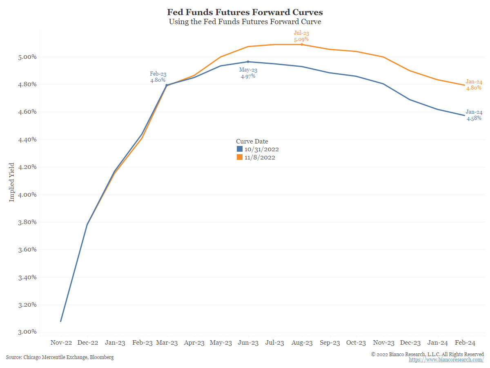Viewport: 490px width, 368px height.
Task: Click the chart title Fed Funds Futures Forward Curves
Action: (x=245, y=12)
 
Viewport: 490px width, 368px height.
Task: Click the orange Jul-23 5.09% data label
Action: (x=301, y=36)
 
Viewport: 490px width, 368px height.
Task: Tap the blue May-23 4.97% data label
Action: (x=248, y=73)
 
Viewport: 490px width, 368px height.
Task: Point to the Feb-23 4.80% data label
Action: (x=158, y=77)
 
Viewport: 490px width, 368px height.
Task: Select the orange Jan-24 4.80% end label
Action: (x=474, y=85)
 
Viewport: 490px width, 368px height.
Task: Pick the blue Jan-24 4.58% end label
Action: (x=474, y=115)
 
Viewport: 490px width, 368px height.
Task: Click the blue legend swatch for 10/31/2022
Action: (x=240, y=149)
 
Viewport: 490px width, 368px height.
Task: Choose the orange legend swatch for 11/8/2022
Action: (x=240, y=157)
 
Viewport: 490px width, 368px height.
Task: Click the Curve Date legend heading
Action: (x=252, y=141)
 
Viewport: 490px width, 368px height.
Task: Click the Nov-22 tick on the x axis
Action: (x=61, y=343)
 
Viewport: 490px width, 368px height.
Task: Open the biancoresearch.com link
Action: (x=446, y=360)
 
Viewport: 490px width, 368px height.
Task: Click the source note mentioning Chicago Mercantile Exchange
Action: (x=60, y=357)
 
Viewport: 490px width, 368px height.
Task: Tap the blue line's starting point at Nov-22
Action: (x=61, y=321)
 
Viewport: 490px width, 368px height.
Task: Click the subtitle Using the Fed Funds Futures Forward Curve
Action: (x=245, y=21)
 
